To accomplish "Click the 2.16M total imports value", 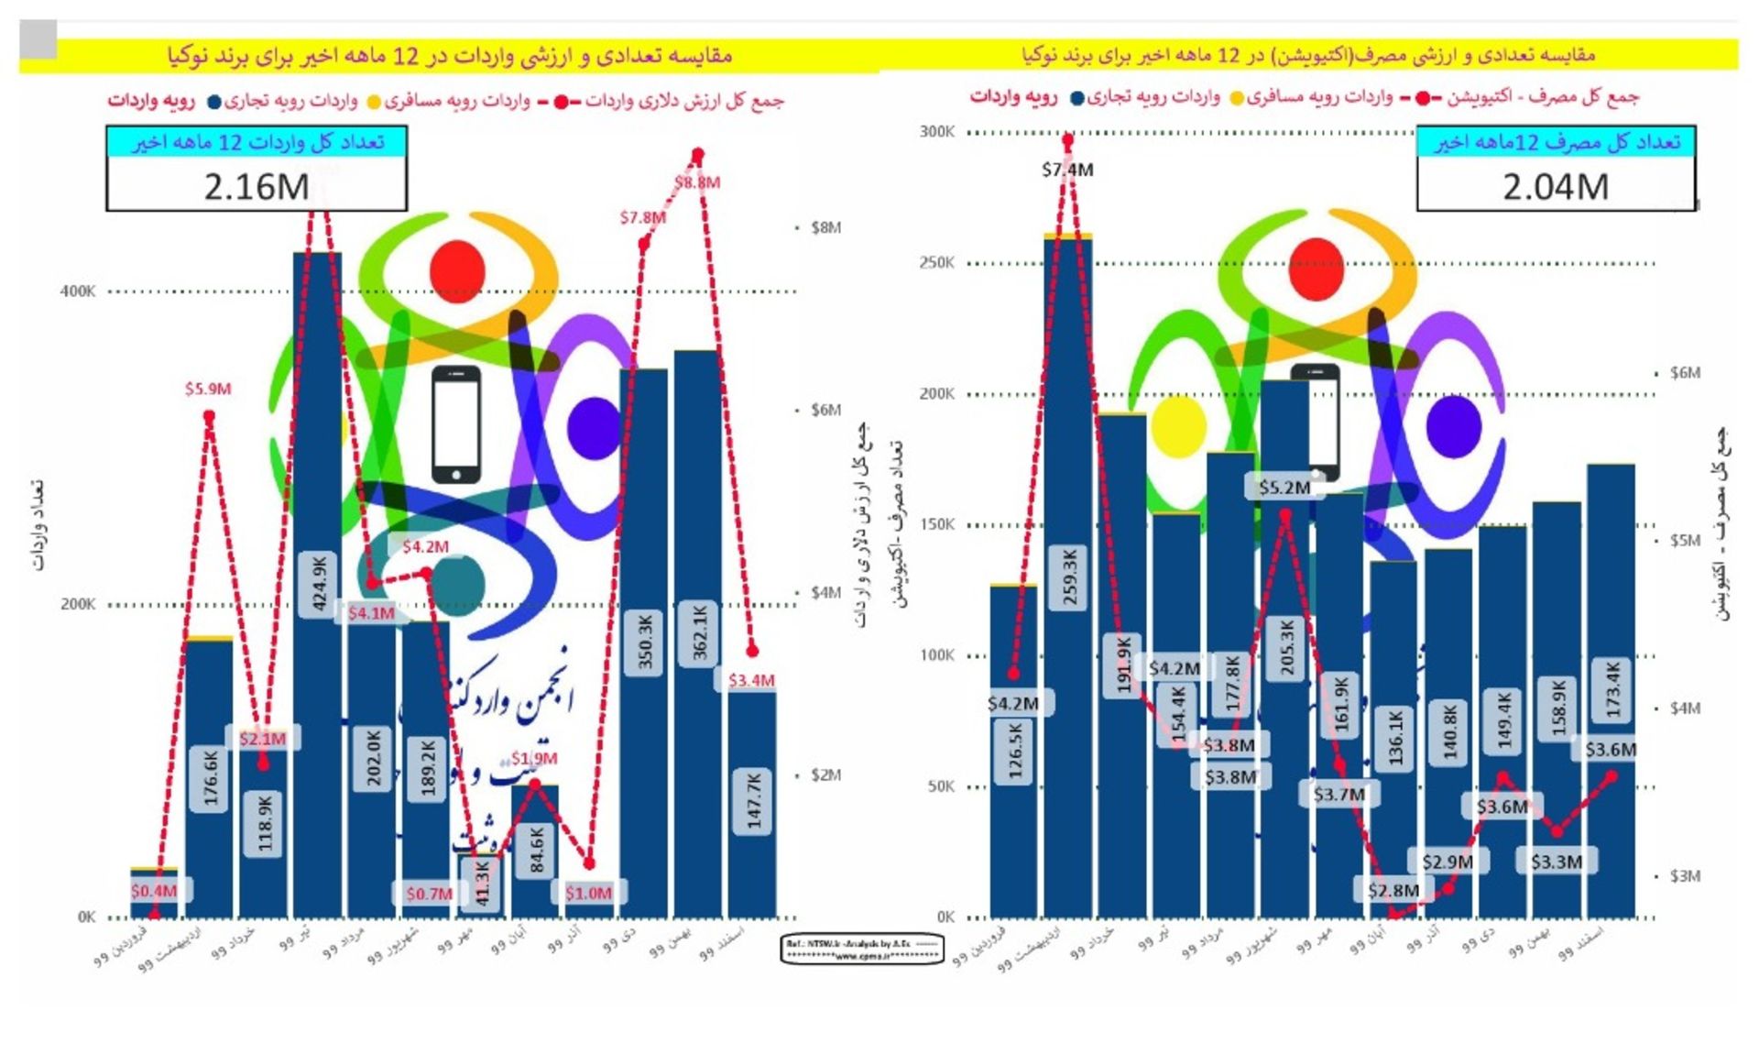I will point(257,187).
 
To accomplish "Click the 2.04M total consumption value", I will point(1555,187).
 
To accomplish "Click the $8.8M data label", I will point(698,182).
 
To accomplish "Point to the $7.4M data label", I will point(1067,170).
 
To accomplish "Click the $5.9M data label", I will point(208,389).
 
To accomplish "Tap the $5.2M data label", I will point(1284,488).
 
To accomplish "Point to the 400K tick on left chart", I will point(78,291).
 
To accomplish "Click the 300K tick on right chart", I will point(936,132).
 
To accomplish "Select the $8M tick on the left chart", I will point(825,227).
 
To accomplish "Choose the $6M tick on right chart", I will point(1685,373).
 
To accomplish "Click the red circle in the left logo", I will point(457,268).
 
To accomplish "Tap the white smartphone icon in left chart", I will point(455,424).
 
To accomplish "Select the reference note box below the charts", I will point(861,949).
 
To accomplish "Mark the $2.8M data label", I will point(1393,890).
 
